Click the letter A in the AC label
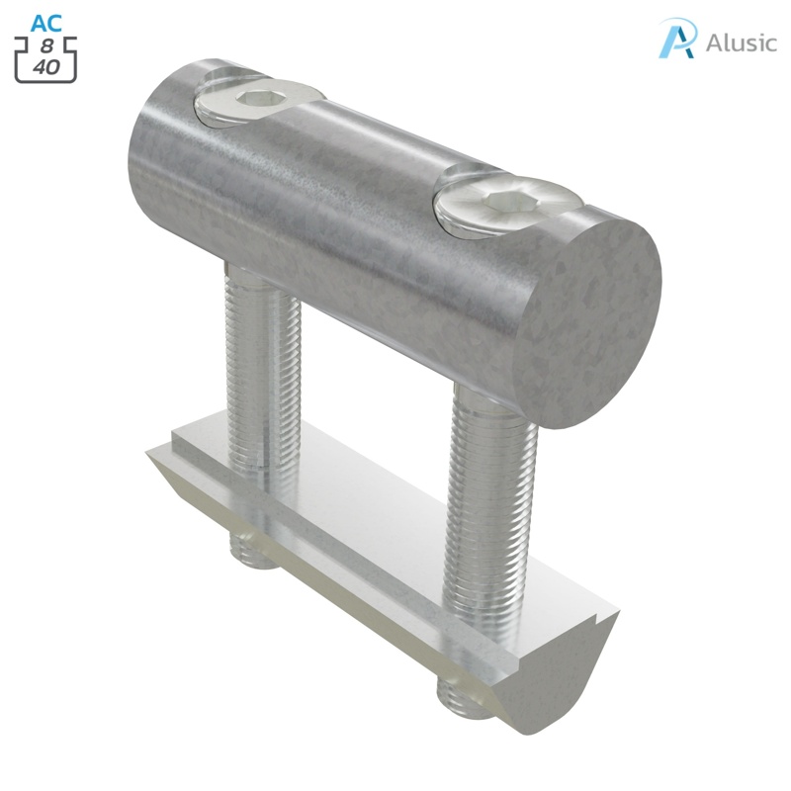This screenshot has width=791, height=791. point(38,23)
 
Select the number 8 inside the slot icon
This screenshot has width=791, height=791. point(46,47)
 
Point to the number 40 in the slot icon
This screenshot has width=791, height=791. point(46,67)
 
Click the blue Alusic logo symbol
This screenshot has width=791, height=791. point(677,39)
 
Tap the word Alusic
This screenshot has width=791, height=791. point(741,44)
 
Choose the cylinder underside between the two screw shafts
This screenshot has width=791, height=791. point(376,326)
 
